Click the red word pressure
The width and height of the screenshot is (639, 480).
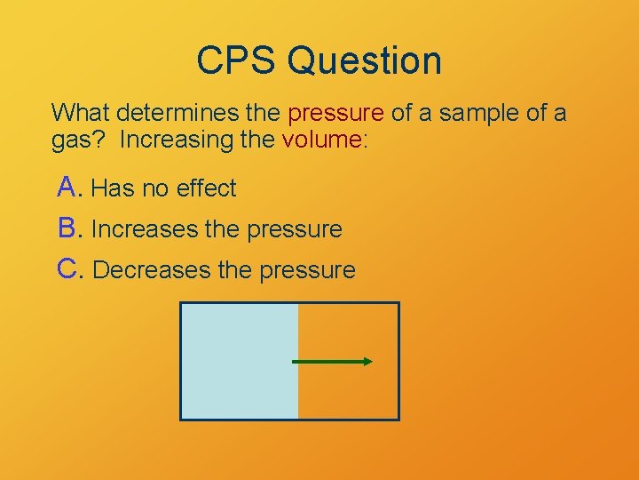tap(336, 114)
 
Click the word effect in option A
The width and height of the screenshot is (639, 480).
tap(206, 188)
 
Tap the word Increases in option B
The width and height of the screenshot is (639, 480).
tap(145, 229)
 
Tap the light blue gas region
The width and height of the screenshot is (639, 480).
tap(239, 361)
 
